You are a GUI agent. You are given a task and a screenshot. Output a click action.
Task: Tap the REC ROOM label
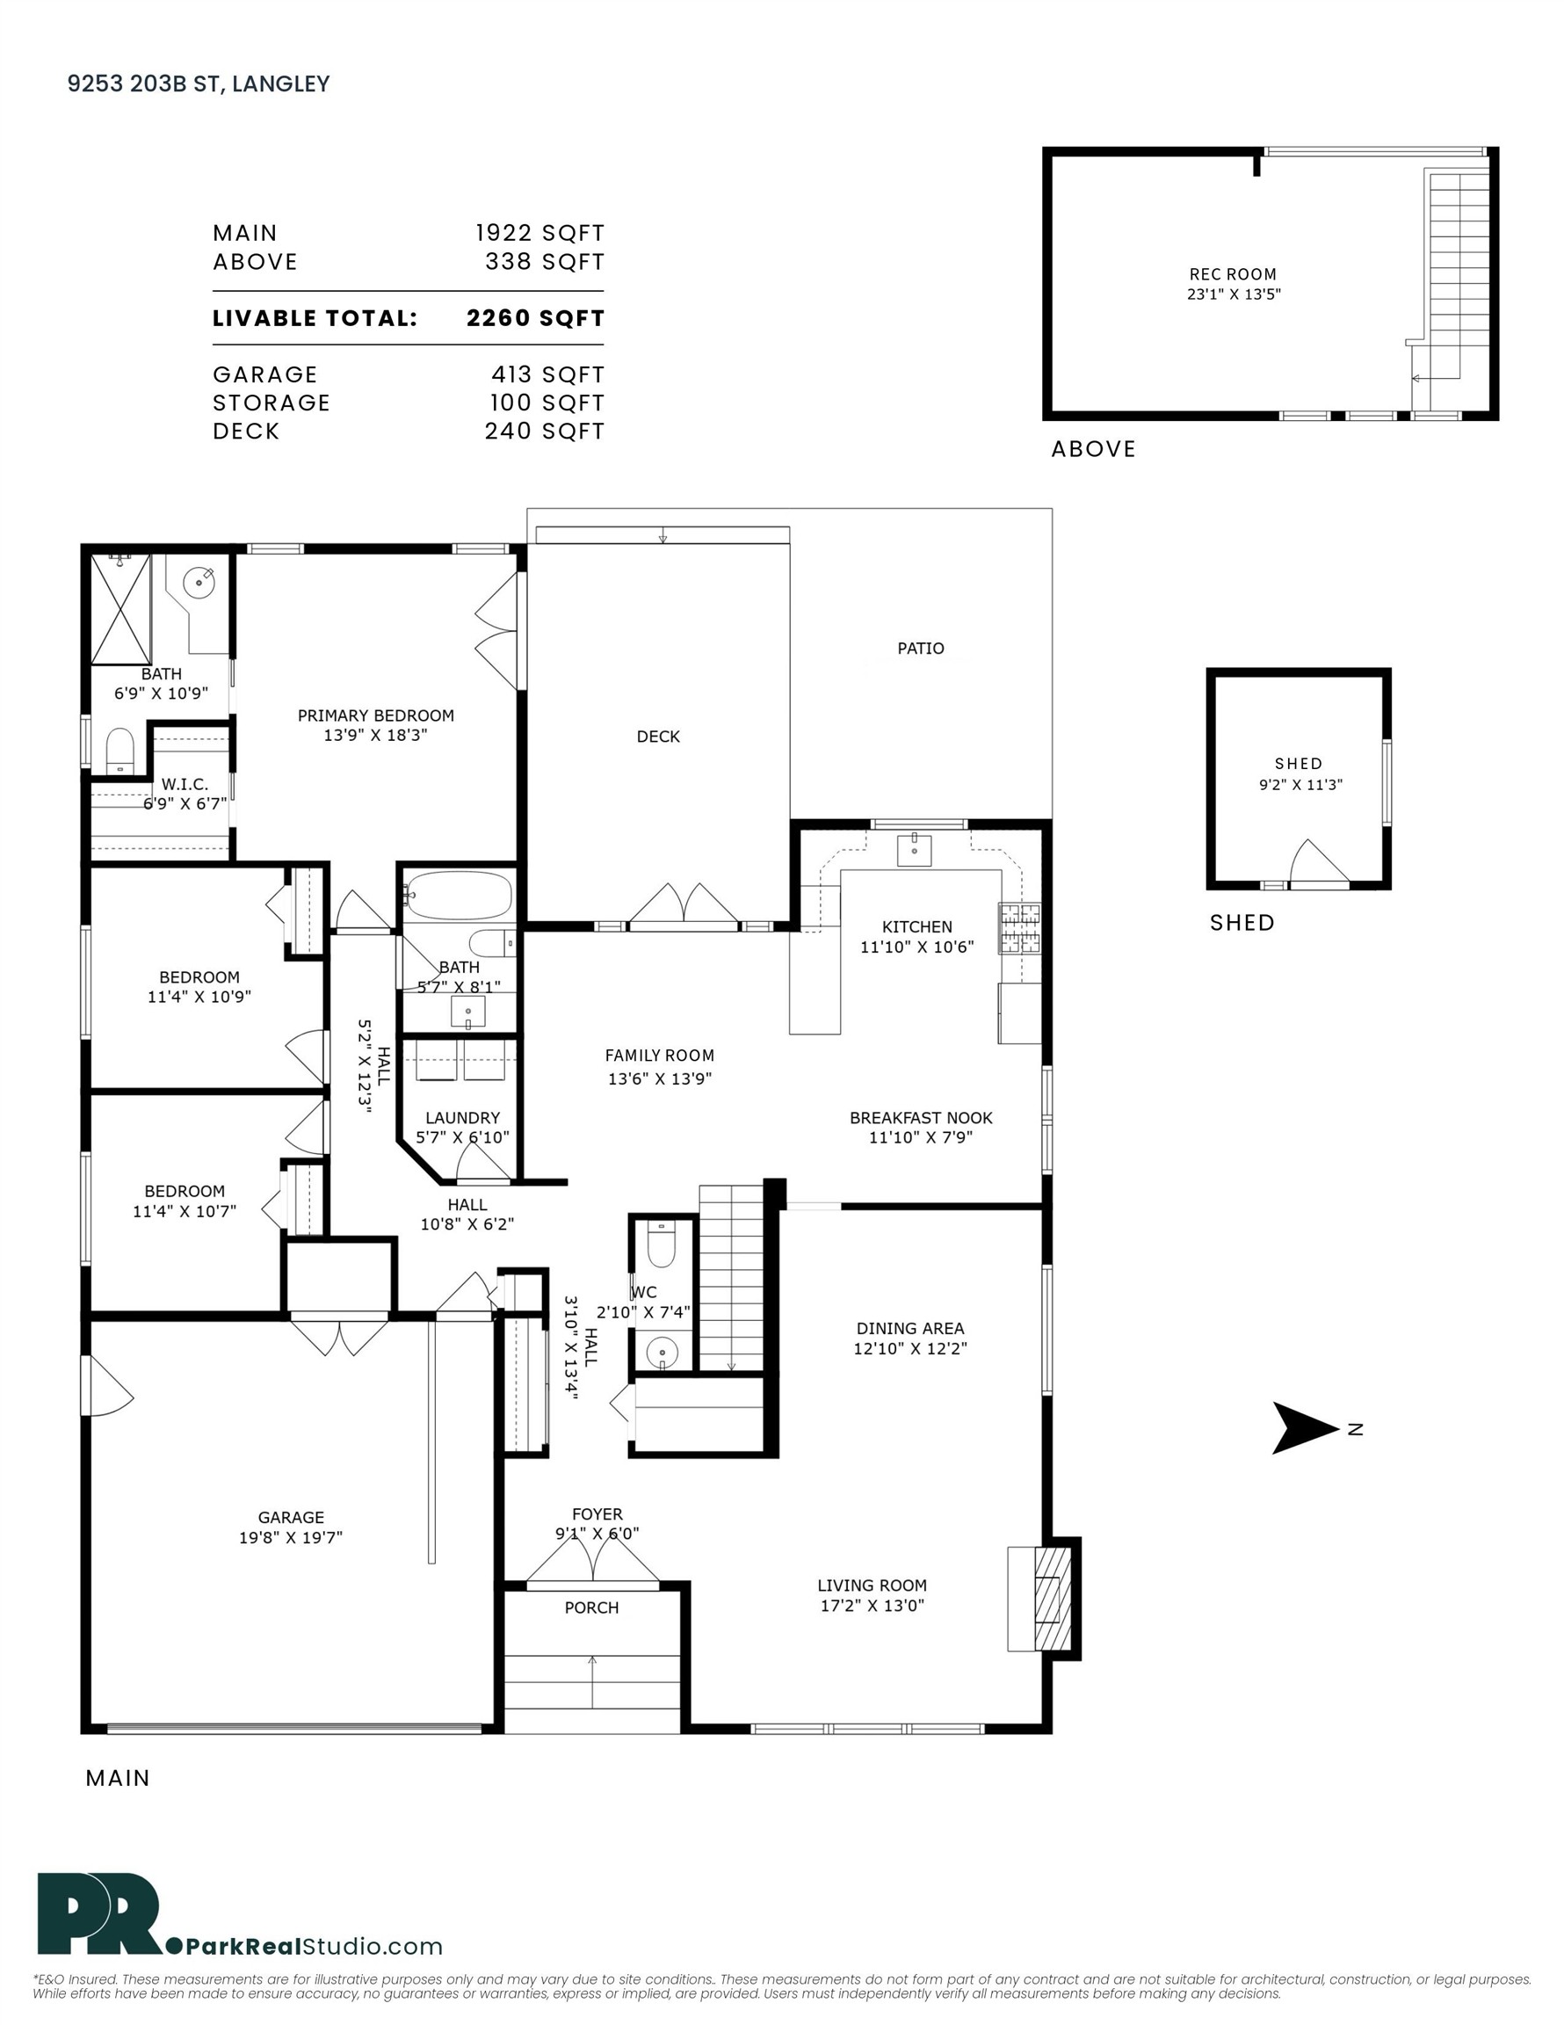tap(1233, 274)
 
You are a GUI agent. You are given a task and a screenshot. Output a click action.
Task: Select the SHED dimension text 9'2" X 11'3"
tap(1300, 784)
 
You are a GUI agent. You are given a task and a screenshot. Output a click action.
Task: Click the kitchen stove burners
tap(1020, 928)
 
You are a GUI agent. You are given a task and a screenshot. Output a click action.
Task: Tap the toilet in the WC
tap(661, 1244)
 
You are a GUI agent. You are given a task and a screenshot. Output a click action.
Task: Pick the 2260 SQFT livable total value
tap(535, 318)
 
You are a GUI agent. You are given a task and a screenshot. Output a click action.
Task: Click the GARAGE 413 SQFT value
tap(547, 374)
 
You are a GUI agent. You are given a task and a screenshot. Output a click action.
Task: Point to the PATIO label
tap(921, 648)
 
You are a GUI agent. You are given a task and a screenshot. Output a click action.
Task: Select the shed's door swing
tap(1321, 862)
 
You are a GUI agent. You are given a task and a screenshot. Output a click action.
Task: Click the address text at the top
tap(199, 83)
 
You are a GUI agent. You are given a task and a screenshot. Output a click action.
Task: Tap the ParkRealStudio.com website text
tap(315, 1945)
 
